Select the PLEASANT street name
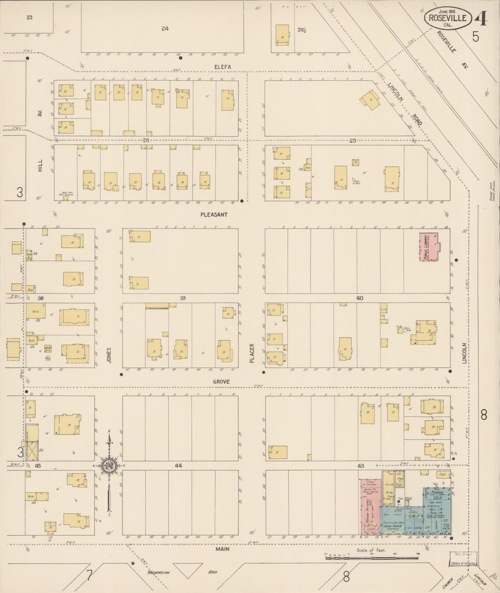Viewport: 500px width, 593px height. [x=214, y=215]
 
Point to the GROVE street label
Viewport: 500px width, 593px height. [x=221, y=382]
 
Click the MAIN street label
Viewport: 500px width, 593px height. [x=223, y=549]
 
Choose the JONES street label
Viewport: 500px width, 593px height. [x=109, y=355]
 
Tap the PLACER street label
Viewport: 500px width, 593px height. [x=252, y=353]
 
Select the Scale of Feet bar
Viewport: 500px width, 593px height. [x=372, y=558]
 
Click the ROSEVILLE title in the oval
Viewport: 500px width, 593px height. [x=447, y=18]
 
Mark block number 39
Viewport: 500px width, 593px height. [x=183, y=298]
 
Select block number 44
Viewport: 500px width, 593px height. [x=178, y=465]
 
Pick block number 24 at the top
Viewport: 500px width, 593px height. [x=165, y=29]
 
